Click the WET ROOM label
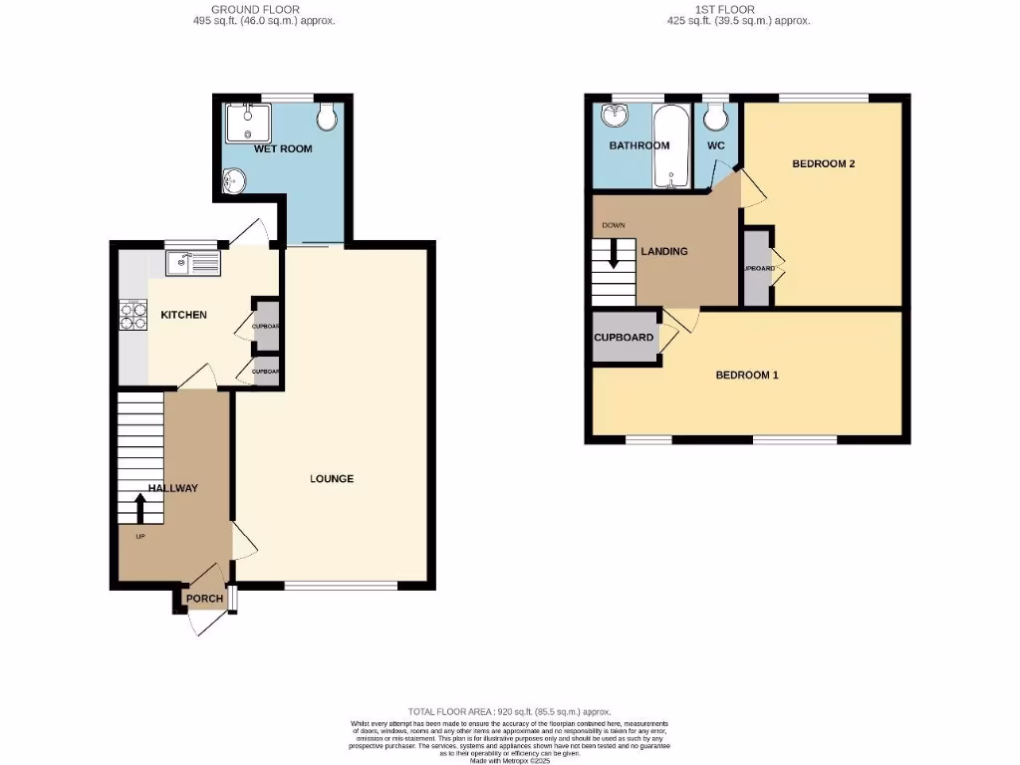click(x=283, y=148)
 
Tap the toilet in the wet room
click(x=327, y=119)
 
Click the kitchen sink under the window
click(x=193, y=264)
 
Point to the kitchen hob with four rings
click(x=132, y=315)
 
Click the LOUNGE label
click(x=332, y=479)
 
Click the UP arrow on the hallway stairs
click(x=139, y=508)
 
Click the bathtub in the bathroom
click(x=671, y=146)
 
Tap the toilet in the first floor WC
click(x=714, y=119)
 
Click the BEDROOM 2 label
click(x=824, y=164)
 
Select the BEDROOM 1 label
click(x=747, y=376)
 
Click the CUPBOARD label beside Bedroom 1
click(x=625, y=338)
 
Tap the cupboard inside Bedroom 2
click(x=757, y=268)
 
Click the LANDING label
click(x=664, y=251)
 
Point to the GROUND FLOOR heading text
click(x=263, y=9)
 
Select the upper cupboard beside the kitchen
click(x=266, y=325)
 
